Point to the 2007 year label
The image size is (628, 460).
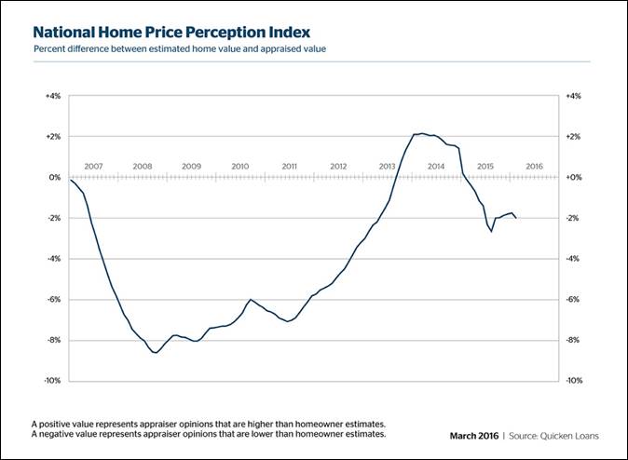93,167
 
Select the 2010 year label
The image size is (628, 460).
239,167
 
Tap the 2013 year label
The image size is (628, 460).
387,167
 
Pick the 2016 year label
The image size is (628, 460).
534,167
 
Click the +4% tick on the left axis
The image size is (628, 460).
53,96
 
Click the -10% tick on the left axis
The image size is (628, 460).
53,381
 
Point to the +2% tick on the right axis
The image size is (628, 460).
574,137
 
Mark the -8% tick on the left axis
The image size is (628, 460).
54,340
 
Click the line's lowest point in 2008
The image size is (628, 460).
155,353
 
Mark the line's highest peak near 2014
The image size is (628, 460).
422,133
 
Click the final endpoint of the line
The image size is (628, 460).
517,218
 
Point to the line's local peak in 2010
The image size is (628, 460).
251,299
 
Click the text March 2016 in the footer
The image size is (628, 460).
473,435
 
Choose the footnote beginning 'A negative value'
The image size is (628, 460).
208,434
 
